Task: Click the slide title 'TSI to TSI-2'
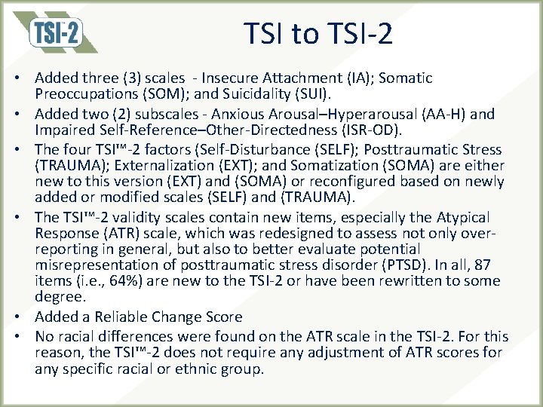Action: [318, 34]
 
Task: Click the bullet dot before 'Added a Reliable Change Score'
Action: [25, 317]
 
